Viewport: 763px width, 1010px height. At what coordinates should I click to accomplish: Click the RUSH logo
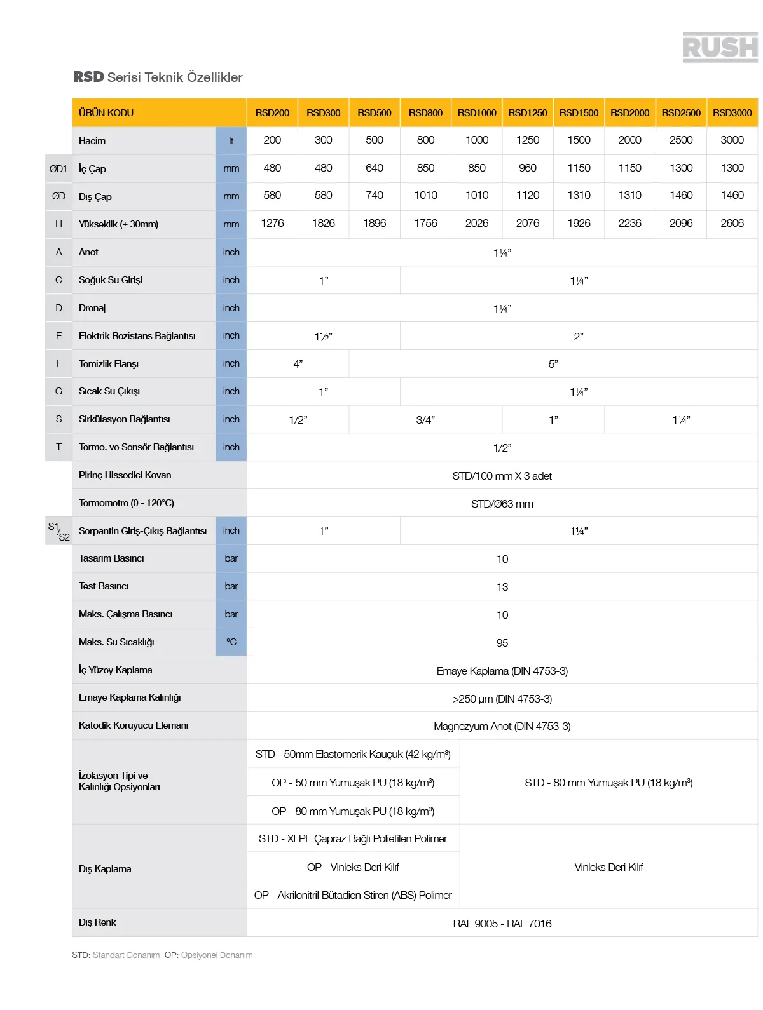point(720,48)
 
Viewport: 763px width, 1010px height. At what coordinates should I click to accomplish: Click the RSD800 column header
point(425,113)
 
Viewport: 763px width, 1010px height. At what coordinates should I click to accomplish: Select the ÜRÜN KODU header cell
point(106,113)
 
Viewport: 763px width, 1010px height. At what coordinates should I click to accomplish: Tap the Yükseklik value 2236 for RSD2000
point(629,224)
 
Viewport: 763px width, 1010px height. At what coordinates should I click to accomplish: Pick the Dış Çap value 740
point(375,196)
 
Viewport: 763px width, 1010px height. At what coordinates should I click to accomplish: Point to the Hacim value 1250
point(528,140)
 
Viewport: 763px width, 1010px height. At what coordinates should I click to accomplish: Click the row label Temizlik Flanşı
point(109,364)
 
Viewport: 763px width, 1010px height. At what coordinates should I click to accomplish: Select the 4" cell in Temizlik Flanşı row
point(298,364)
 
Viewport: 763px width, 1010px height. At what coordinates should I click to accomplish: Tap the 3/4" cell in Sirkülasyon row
point(425,420)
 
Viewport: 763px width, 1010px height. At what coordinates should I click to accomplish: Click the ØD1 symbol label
point(58,169)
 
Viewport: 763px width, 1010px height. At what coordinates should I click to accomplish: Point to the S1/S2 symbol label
point(58,531)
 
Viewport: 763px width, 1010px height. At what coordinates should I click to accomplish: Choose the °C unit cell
point(231,642)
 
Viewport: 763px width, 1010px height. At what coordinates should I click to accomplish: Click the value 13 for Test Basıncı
point(502,587)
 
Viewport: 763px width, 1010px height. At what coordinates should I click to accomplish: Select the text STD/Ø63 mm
point(502,504)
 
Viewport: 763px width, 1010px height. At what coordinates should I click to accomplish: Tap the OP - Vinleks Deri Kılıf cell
point(353,867)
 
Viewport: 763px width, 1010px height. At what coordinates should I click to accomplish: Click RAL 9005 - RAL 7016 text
point(502,924)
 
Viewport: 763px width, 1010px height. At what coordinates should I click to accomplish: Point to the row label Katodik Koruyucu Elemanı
point(134,725)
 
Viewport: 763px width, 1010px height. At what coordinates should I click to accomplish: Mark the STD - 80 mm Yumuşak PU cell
point(608,783)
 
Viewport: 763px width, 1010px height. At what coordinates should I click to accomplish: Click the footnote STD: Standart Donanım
point(116,955)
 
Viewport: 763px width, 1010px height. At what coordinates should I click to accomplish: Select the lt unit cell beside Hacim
point(231,141)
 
